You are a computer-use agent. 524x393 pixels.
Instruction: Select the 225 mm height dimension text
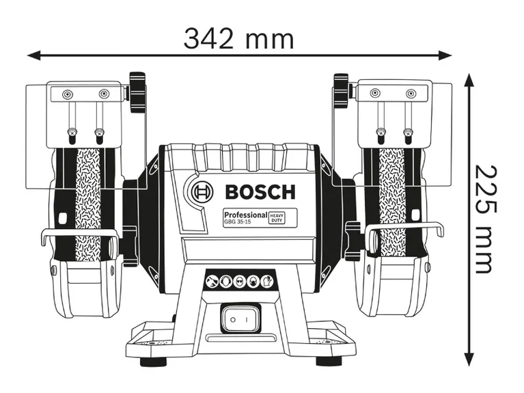click(x=482, y=218)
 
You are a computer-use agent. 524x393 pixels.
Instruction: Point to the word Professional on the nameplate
click(x=244, y=215)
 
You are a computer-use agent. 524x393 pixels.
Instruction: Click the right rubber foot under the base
click(x=336, y=361)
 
